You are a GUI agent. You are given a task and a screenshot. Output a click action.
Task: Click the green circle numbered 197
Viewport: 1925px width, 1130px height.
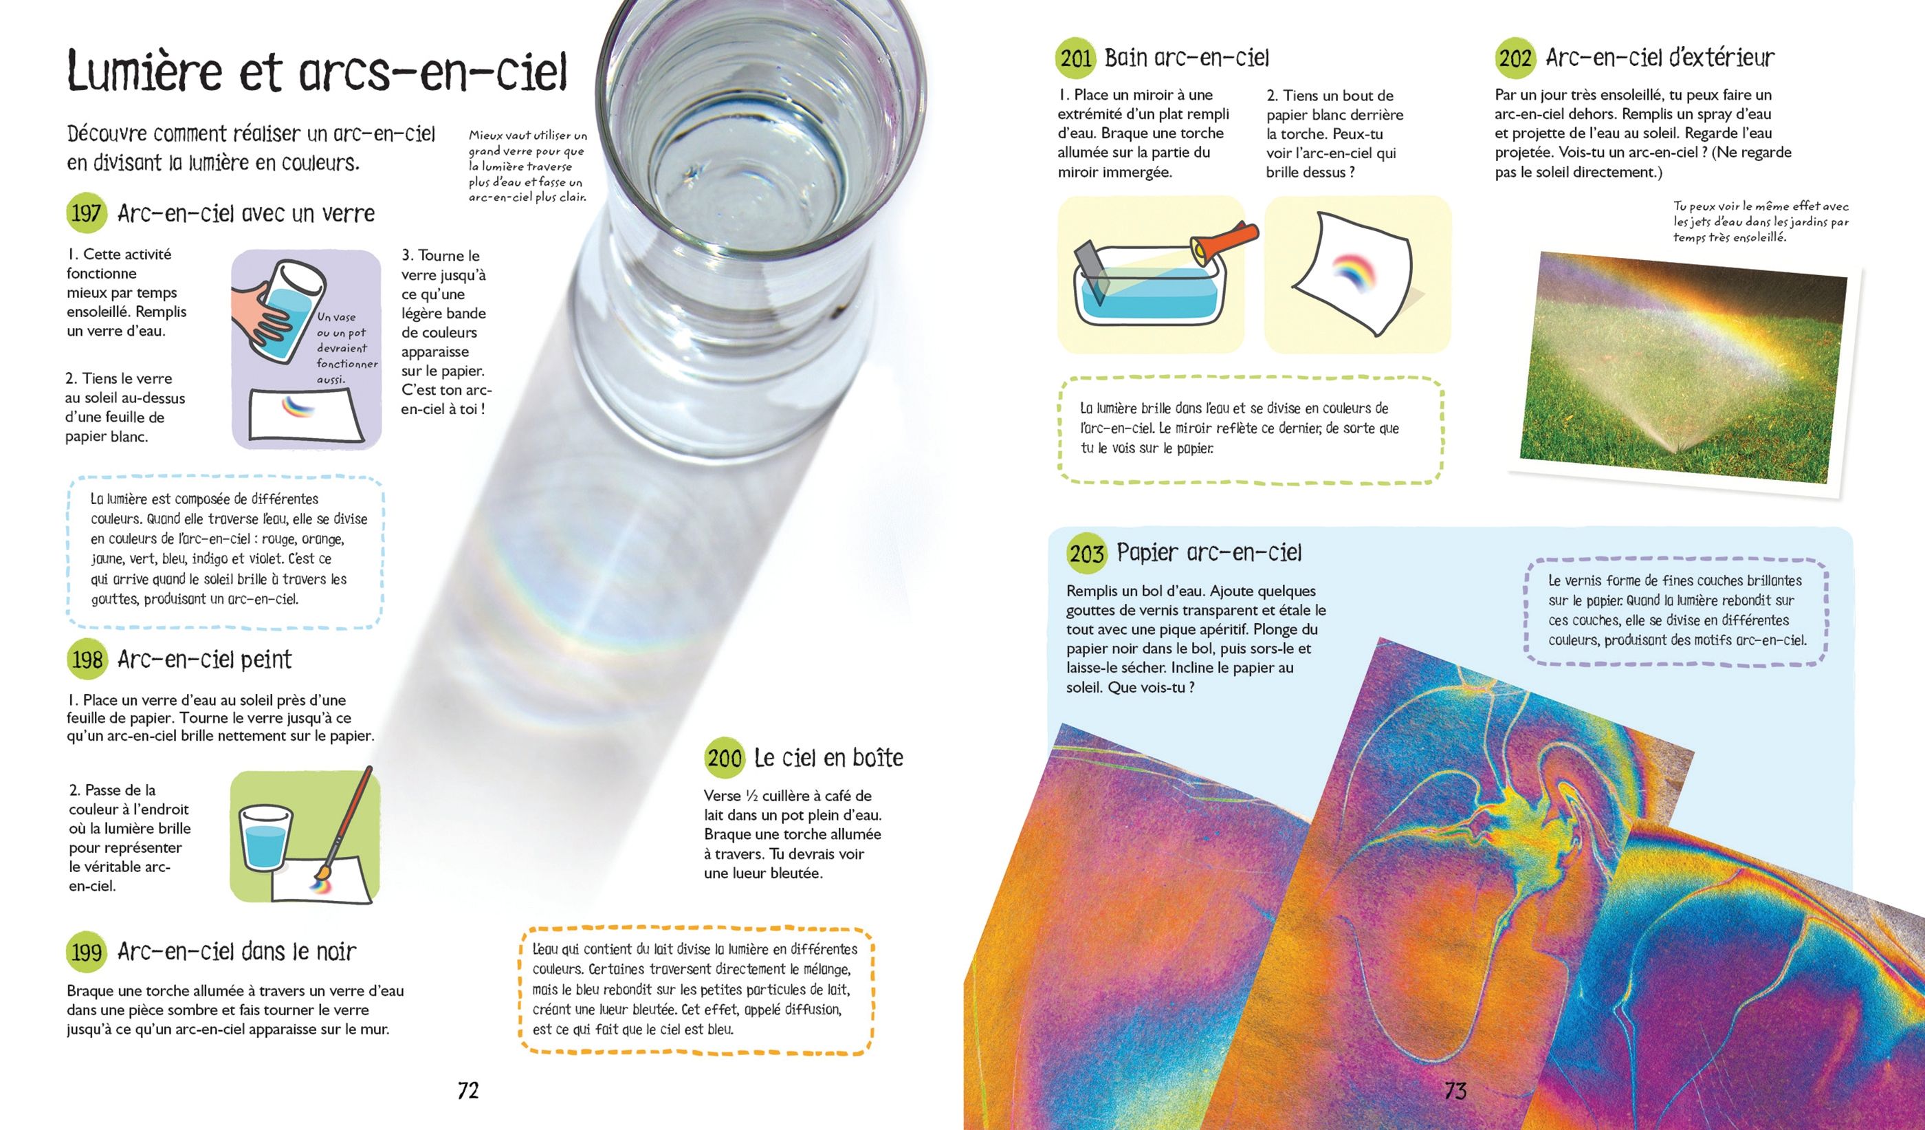point(87,213)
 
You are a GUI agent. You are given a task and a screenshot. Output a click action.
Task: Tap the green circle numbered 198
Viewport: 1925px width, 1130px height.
point(87,659)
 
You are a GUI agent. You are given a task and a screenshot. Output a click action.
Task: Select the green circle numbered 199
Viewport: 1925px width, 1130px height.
point(87,951)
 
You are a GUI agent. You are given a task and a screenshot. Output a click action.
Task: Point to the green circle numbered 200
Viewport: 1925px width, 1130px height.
point(723,757)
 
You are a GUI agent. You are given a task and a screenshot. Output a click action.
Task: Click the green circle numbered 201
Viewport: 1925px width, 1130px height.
point(1075,58)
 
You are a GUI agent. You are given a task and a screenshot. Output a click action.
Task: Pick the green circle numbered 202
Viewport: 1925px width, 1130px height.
point(1515,58)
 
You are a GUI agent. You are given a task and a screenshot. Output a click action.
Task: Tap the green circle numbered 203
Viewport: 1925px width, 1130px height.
point(1086,552)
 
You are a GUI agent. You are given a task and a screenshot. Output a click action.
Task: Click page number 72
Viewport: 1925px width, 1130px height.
point(467,1090)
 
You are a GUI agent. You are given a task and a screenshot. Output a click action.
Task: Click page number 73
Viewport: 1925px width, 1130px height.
point(1455,1090)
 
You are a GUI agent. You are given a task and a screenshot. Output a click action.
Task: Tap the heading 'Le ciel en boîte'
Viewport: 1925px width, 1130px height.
point(829,757)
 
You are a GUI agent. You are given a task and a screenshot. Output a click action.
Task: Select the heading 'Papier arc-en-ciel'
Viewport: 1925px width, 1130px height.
point(1209,552)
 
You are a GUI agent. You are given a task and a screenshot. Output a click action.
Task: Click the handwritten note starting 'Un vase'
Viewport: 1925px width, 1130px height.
point(346,347)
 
